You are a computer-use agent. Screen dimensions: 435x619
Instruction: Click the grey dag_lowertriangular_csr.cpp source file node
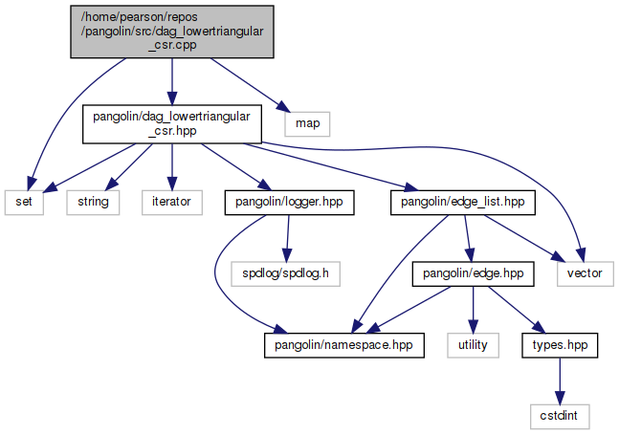point(171,31)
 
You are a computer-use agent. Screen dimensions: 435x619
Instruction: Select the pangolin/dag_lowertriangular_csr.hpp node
point(171,125)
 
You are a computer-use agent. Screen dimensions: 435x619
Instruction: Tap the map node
point(307,123)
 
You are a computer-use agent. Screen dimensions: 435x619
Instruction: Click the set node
point(23,202)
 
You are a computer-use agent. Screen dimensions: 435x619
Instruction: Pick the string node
point(93,202)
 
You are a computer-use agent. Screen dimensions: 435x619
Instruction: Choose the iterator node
point(171,202)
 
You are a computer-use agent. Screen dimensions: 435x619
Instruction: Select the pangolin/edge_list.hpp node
point(462,202)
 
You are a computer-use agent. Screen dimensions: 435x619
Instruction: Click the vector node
point(585,273)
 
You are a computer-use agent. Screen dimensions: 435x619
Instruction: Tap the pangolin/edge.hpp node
point(472,273)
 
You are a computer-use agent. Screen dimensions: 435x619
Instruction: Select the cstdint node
point(561,416)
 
